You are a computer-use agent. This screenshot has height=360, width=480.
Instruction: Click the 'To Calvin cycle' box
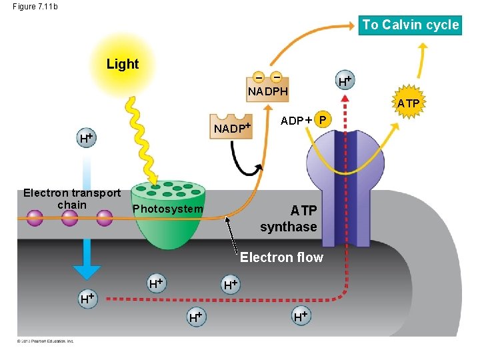point(410,25)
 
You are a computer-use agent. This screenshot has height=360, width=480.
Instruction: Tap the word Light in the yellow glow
point(123,65)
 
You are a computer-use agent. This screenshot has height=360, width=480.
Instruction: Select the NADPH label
point(267,91)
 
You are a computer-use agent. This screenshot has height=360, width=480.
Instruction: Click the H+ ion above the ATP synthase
point(344,81)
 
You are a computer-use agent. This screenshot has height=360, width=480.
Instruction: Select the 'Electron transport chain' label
point(72,199)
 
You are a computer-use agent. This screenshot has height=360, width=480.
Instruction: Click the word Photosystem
point(167,209)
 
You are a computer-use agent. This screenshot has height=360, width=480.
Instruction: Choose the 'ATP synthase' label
point(289,219)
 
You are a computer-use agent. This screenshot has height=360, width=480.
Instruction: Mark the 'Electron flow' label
point(281,257)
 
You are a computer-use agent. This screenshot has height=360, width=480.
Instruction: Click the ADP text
point(292,121)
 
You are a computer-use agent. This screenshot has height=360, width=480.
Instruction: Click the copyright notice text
point(46,341)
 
